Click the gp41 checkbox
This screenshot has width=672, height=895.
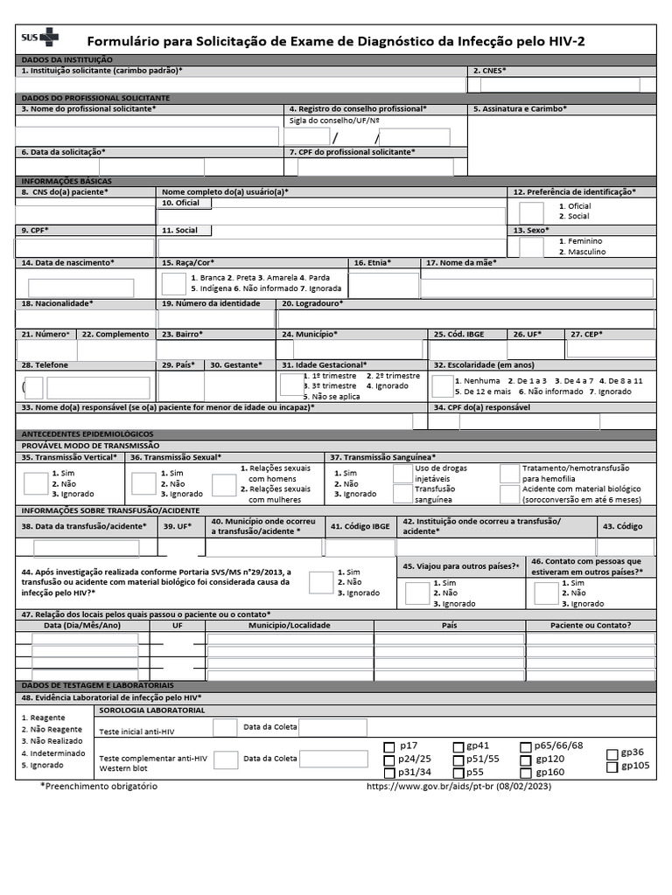(x=458, y=746)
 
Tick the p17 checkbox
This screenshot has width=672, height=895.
(x=390, y=746)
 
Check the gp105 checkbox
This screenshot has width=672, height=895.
(x=612, y=767)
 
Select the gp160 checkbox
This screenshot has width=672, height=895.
(x=526, y=773)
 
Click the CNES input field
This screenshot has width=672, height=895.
(x=553, y=85)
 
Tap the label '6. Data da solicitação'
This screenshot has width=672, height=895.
(x=63, y=151)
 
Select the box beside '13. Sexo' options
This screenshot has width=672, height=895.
(x=531, y=246)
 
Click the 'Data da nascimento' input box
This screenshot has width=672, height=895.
(x=80, y=288)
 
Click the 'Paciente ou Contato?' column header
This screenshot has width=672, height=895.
(x=590, y=626)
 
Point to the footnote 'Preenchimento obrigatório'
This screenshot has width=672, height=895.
(x=99, y=787)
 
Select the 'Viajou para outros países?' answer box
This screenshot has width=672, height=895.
(x=417, y=593)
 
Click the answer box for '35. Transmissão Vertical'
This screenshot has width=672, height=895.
(x=36, y=483)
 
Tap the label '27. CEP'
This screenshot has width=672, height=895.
(x=586, y=334)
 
